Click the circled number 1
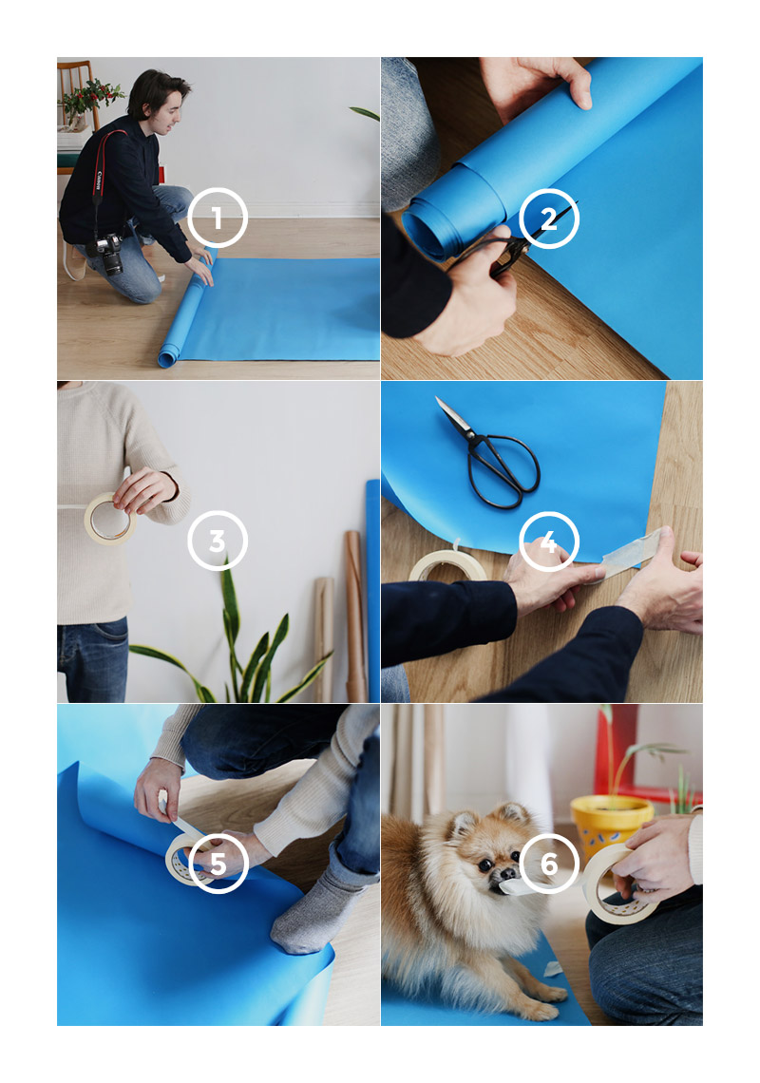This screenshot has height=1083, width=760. [217, 218]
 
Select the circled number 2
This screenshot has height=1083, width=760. [548, 218]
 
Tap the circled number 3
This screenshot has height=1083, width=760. [217, 541]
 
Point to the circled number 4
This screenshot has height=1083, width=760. [548, 541]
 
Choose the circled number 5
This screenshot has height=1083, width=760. [218, 864]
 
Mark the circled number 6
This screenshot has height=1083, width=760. [548, 864]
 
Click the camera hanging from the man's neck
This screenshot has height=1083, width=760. [107, 253]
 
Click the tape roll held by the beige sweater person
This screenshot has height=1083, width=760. [109, 519]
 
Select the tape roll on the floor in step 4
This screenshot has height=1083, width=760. [447, 564]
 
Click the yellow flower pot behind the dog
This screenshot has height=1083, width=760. [609, 825]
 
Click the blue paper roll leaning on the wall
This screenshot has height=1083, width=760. [373, 591]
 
